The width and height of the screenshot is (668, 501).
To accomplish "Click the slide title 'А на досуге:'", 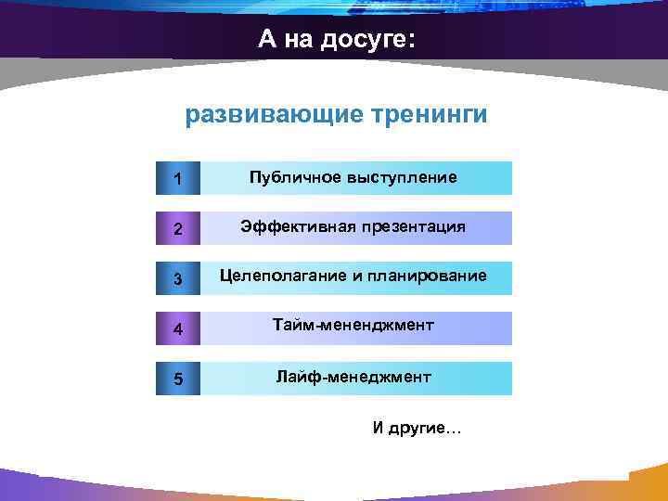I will coord(338,40).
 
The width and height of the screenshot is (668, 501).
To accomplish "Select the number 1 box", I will coord(177,178).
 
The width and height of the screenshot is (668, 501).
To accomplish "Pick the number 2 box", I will coord(177,228).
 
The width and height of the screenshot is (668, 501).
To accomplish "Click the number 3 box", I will coord(177,278).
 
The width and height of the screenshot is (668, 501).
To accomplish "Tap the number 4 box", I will coord(177,328).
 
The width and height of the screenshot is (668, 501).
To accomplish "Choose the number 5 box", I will coord(177,379).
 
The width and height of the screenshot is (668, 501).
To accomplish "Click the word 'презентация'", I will coord(414,226).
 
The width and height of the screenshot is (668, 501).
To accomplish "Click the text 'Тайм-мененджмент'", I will coord(353,327).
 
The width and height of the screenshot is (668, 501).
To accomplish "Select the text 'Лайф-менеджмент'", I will coord(353,377).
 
